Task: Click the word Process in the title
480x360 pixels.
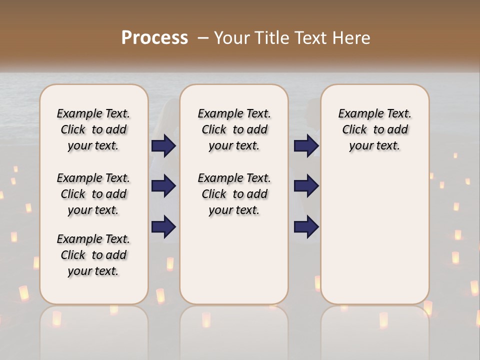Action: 154,37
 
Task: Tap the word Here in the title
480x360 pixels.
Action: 351,37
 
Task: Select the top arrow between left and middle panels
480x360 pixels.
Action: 163,145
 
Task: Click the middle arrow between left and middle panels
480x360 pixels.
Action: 163,186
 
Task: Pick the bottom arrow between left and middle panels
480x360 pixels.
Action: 163,226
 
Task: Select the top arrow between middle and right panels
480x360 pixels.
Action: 306,145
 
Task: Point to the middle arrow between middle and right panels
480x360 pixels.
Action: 306,186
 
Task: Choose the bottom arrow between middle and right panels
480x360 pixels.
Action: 306,226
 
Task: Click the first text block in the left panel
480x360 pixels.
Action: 93,129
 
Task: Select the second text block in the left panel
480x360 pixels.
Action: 93,194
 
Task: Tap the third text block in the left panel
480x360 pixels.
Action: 93,255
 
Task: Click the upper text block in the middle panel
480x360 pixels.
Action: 234,129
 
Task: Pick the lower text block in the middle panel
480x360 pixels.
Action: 234,194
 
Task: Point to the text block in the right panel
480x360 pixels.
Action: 374,129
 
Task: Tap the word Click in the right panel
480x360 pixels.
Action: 354,130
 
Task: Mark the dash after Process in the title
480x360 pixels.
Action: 203,37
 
